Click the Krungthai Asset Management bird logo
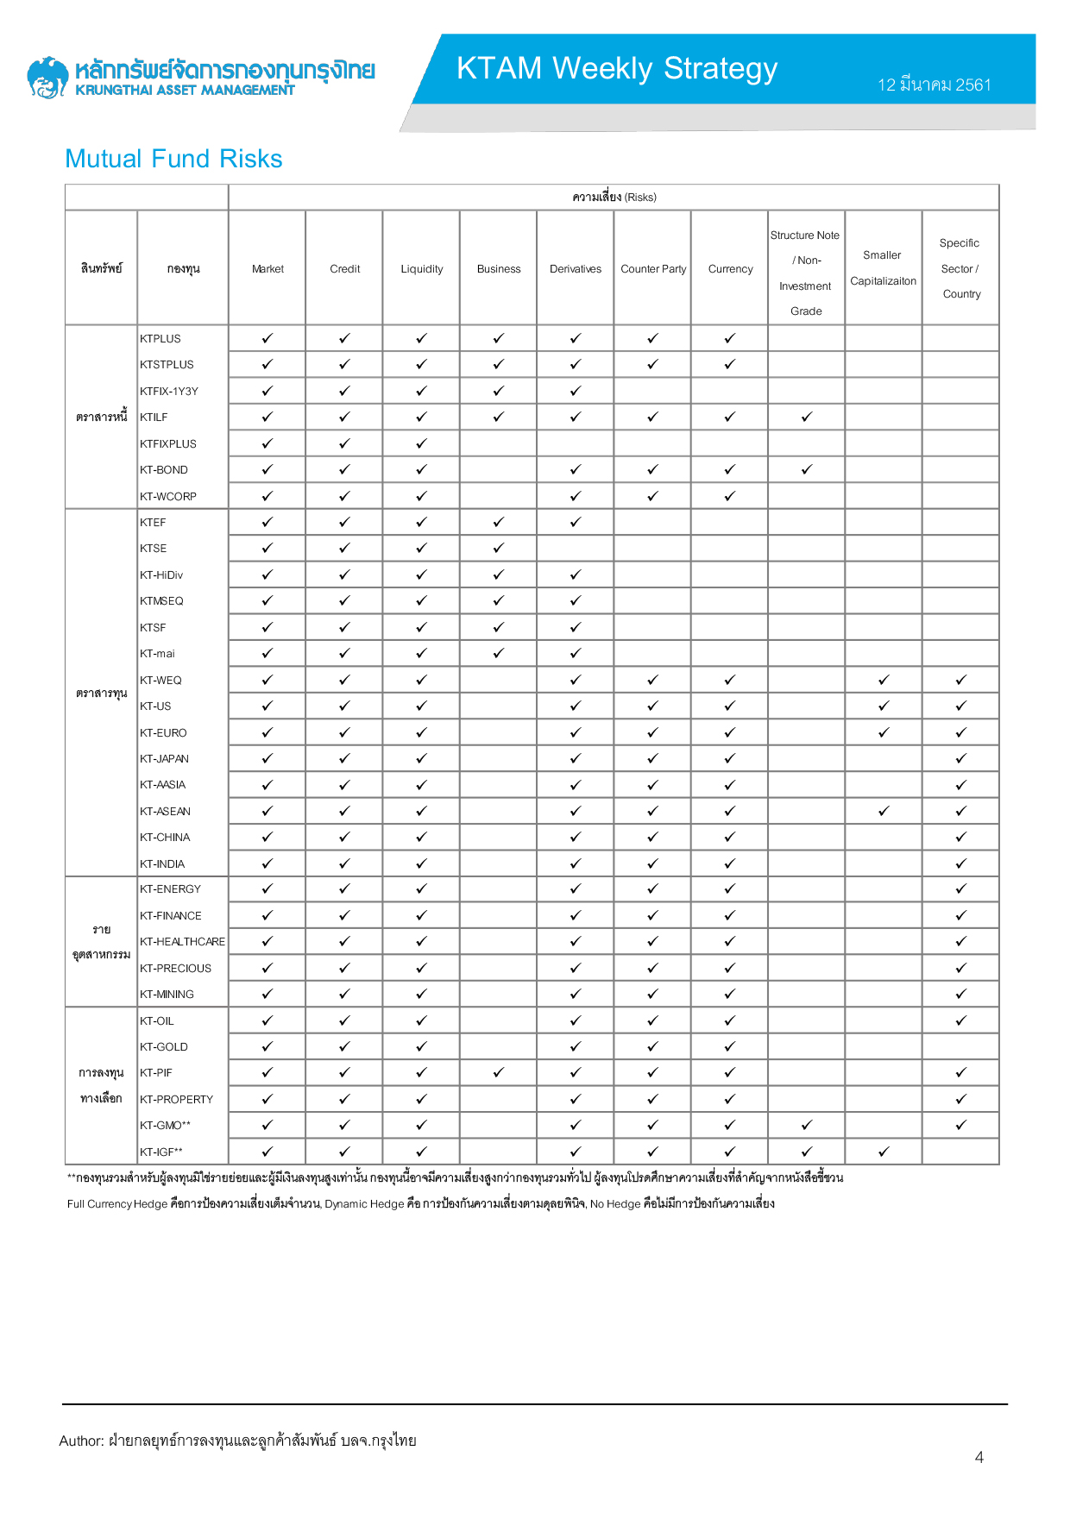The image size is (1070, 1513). [x=47, y=78]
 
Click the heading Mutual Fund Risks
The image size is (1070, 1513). [x=173, y=159]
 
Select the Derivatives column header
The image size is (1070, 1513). [x=576, y=269]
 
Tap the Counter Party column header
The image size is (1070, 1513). [x=653, y=269]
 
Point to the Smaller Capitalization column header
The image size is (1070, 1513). [x=883, y=268]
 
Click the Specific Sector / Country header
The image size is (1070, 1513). [x=960, y=268]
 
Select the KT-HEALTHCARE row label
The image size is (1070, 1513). [x=182, y=942]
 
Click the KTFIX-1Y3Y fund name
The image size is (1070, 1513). [x=169, y=392]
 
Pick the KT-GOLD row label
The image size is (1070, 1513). [x=164, y=1047]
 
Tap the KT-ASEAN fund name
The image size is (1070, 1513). [x=166, y=812]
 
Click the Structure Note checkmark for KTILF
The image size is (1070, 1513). [x=807, y=417]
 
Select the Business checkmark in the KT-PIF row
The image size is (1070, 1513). [x=499, y=1073]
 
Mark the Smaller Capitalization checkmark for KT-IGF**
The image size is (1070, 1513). [x=884, y=1152]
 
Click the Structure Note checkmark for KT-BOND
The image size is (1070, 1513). [x=807, y=470]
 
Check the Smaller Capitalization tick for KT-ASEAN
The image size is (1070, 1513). [x=884, y=812]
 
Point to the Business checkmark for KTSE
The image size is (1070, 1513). [x=499, y=549]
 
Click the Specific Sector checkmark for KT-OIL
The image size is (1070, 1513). [x=961, y=1021]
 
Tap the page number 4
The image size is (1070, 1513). [x=979, y=1457]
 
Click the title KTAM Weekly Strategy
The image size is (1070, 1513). [x=617, y=68]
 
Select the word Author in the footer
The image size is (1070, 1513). [x=81, y=1441]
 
